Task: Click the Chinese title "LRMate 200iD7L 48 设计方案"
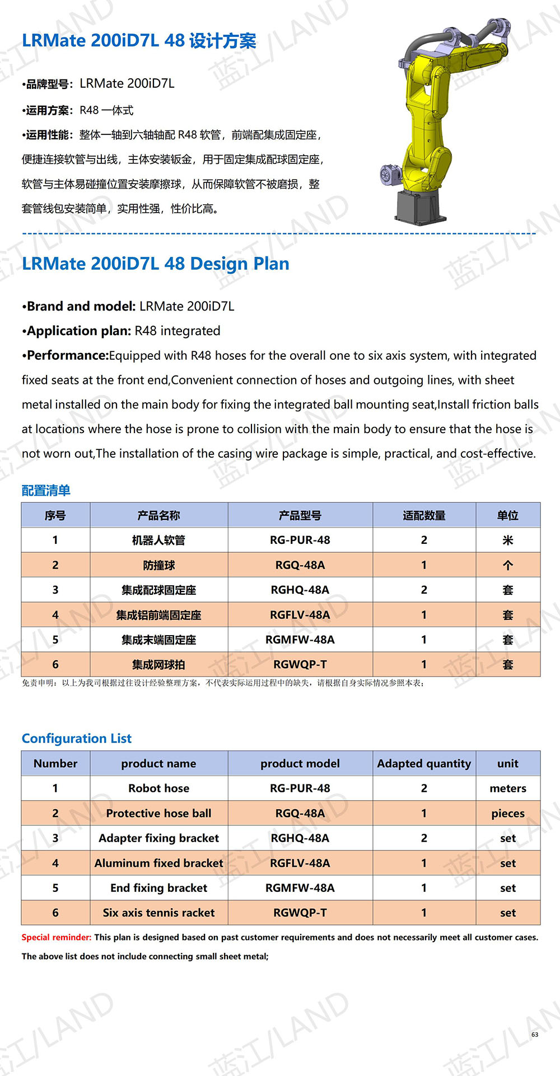pyautogui.click(x=139, y=41)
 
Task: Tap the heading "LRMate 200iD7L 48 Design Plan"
pyautogui.click(x=156, y=264)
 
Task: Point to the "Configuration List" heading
pyautogui.click(x=77, y=739)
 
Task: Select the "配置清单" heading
pyautogui.click(x=46, y=491)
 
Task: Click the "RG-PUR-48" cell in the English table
pyautogui.click(x=300, y=788)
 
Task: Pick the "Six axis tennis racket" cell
pyautogui.click(x=158, y=913)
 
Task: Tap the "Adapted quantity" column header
pyautogui.click(x=424, y=763)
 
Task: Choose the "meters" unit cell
pyautogui.click(x=508, y=788)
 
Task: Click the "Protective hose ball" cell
pyautogui.click(x=158, y=813)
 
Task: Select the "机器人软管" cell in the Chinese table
pyautogui.click(x=158, y=540)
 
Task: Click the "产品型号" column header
pyautogui.click(x=300, y=515)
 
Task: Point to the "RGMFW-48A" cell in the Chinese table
pyautogui.click(x=300, y=640)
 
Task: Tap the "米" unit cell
pyautogui.click(x=508, y=540)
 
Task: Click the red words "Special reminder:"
pyautogui.click(x=56, y=937)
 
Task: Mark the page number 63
pyautogui.click(x=535, y=1035)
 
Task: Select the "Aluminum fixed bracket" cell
pyautogui.click(x=158, y=863)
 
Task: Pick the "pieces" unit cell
pyautogui.click(x=508, y=814)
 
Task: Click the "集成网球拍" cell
pyautogui.click(x=158, y=665)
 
